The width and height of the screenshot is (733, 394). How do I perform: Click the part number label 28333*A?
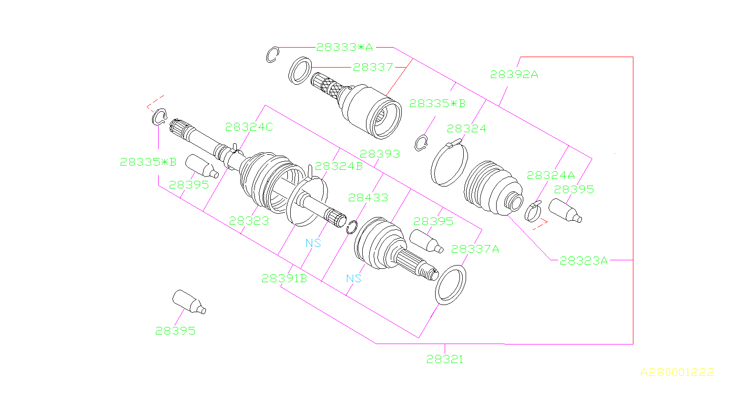[345, 48]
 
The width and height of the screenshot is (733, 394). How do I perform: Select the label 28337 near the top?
[373, 68]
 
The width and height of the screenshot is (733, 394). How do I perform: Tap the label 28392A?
[514, 75]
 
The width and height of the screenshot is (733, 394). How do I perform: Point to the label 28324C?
[249, 127]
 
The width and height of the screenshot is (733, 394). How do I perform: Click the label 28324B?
[338, 166]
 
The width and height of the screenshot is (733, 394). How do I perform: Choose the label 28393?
[379, 154]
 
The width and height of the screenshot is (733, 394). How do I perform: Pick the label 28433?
[368, 197]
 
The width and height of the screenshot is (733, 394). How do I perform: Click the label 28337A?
[475, 249]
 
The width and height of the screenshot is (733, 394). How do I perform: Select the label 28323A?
[583, 261]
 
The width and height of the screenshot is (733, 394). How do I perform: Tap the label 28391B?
[284, 279]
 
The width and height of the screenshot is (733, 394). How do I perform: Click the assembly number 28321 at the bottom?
[444, 360]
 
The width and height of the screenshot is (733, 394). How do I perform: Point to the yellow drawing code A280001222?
[677, 372]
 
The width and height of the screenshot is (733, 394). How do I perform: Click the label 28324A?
[550, 175]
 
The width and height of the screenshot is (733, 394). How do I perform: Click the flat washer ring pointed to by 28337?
[300, 70]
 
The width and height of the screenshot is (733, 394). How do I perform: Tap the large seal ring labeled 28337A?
[450, 286]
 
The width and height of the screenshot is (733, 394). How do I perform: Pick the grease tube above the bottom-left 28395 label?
[188, 302]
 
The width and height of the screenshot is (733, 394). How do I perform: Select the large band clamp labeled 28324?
[449, 163]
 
